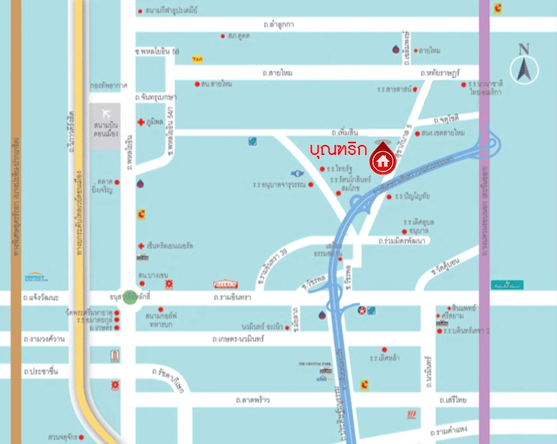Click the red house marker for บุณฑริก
click(x=382, y=160)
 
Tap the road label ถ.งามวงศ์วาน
click(x=43, y=340)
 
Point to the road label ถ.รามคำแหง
click(x=450, y=430)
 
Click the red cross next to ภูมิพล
click(x=140, y=122)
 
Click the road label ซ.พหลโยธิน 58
click(x=157, y=51)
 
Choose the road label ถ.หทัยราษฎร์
click(x=440, y=72)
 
